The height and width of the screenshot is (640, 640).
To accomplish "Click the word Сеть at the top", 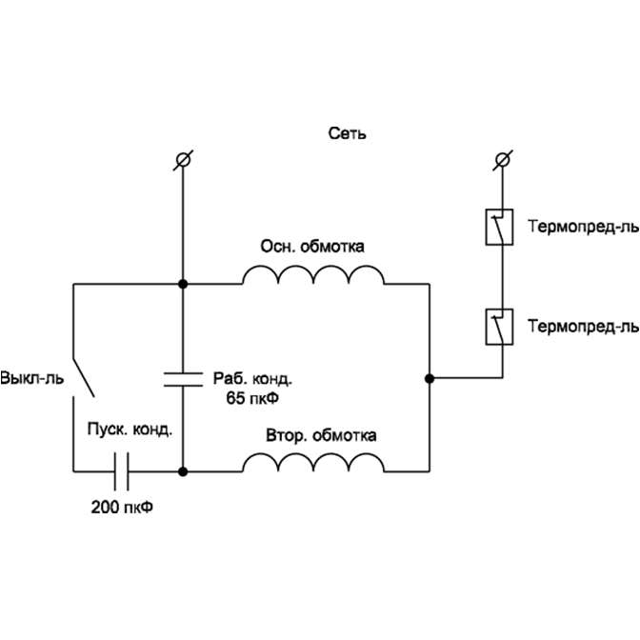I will click(347, 134).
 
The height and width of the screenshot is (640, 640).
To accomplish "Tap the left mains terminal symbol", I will click(182, 159).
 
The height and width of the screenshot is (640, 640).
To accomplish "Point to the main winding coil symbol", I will click(312, 275).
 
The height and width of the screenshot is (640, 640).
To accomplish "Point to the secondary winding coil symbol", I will click(312, 463).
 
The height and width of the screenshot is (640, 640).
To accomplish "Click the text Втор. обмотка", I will click(321, 436).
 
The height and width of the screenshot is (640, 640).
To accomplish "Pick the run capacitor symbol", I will click(182, 378).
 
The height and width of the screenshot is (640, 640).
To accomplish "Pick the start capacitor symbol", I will click(121, 470).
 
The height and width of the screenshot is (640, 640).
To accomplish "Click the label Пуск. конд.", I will click(130, 430).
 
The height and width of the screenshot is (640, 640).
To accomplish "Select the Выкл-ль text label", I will click(31, 377).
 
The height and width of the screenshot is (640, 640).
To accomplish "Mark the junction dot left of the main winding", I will click(182, 284).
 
